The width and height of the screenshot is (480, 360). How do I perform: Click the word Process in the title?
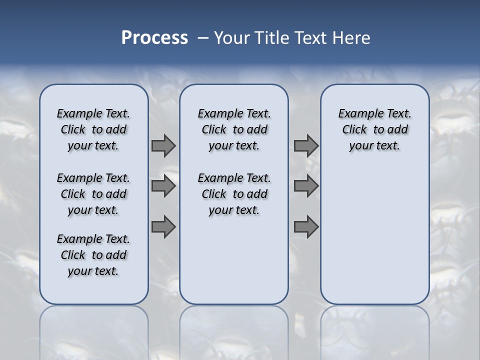[154, 37]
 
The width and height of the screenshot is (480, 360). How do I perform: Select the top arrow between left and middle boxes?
[163, 146]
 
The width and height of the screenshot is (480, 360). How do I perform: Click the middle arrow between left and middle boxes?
[163, 186]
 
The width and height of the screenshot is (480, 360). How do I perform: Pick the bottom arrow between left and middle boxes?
[163, 227]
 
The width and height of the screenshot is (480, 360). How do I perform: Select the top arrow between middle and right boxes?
[306, 146]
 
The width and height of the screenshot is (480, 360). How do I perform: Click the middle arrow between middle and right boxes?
[306, 186]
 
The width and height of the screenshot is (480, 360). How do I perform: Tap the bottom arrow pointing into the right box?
[306, 227]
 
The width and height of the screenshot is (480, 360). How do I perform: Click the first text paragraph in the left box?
[93, 129]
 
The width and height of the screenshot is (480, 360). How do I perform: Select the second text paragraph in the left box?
[93, 194]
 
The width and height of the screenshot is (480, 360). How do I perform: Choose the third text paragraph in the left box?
[93, 255]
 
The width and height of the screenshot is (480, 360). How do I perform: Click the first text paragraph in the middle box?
[234, 129]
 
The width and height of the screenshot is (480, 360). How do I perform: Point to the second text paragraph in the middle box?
[234, 194]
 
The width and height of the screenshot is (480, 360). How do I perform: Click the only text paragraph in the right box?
[375, 129]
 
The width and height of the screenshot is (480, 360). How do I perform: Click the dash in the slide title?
[203, 38]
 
